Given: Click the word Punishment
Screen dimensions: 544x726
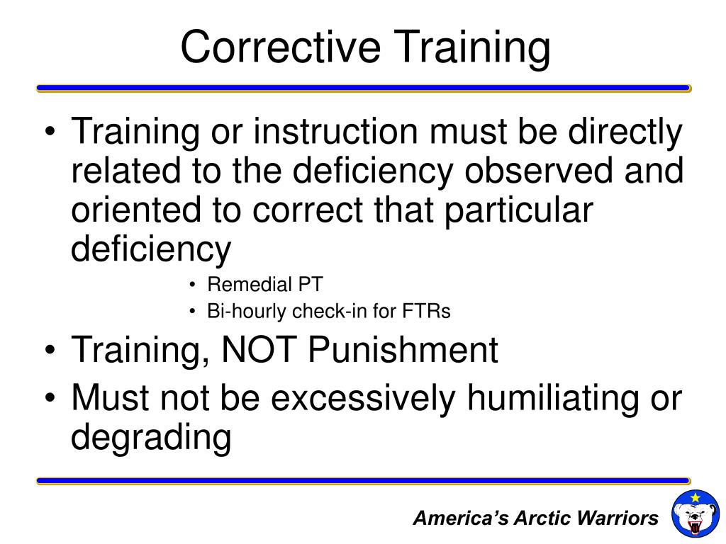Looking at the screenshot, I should (403, 350).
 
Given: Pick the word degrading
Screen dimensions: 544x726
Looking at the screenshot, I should (151, 438).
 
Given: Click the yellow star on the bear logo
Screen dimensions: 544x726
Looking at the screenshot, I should (695, 498).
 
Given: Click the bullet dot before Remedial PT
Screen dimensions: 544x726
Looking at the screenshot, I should (193, 285).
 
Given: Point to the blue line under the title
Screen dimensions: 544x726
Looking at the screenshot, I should (363, 89).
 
